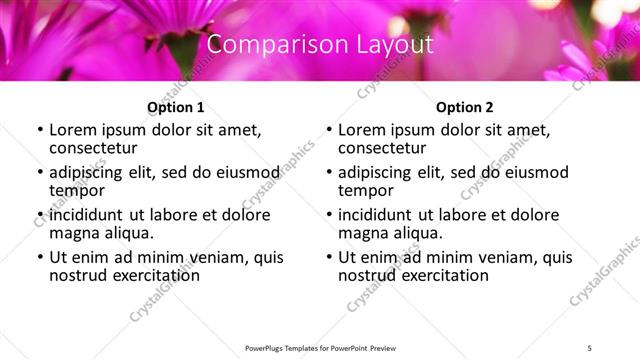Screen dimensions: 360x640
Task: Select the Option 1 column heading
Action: click(x=176, y=106)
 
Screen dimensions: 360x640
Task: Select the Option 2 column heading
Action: click(x=465, y=106)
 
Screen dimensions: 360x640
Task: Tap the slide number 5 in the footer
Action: click(x=590, y=349)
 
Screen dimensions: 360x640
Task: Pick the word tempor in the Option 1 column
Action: click(x=77, y=190)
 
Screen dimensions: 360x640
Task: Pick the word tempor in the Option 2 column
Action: click(x=366, y=190)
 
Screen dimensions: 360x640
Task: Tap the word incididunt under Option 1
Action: click(x=87, y=215)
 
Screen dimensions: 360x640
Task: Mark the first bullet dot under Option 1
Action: click(x=40, y=130)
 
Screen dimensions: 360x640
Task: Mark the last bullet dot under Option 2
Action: click(x=329, y=258)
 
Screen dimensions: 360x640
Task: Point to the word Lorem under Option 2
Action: click(x=362, y=130)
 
